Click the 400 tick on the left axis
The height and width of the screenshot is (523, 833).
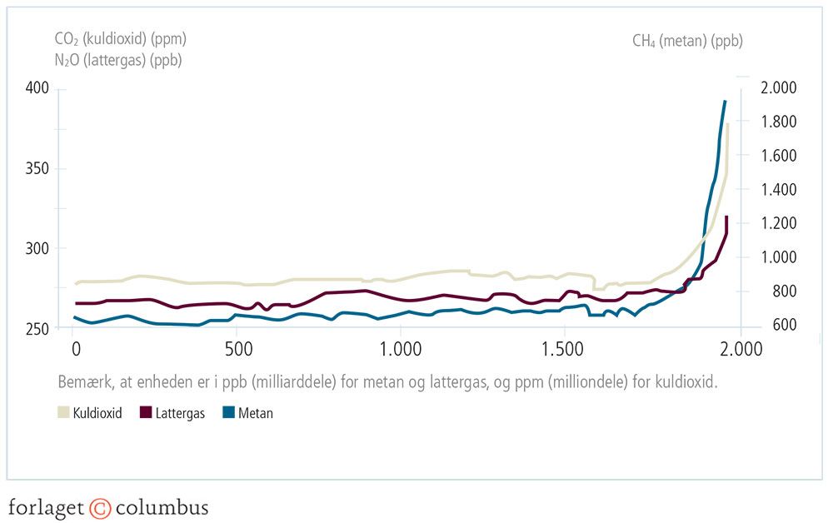pos(37,88)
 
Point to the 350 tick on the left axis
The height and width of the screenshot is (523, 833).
pos(37,168)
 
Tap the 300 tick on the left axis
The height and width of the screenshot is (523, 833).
pos(37,248)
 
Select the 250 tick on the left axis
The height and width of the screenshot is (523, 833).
pos(37,328)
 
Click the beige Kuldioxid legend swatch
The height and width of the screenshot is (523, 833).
pos(62,412)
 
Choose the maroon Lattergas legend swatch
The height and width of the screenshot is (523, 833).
pos(147,412)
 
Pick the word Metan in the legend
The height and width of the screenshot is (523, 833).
pos(255,413)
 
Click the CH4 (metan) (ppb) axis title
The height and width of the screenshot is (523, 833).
pos(687,41)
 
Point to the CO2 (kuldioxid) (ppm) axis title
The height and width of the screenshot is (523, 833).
pos(120,39)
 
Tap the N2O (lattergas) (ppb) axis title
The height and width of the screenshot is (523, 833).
pos(118,60)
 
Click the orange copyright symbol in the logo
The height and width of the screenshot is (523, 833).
pos(100,507)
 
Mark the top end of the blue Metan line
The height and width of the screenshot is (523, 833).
pos(725,101)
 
